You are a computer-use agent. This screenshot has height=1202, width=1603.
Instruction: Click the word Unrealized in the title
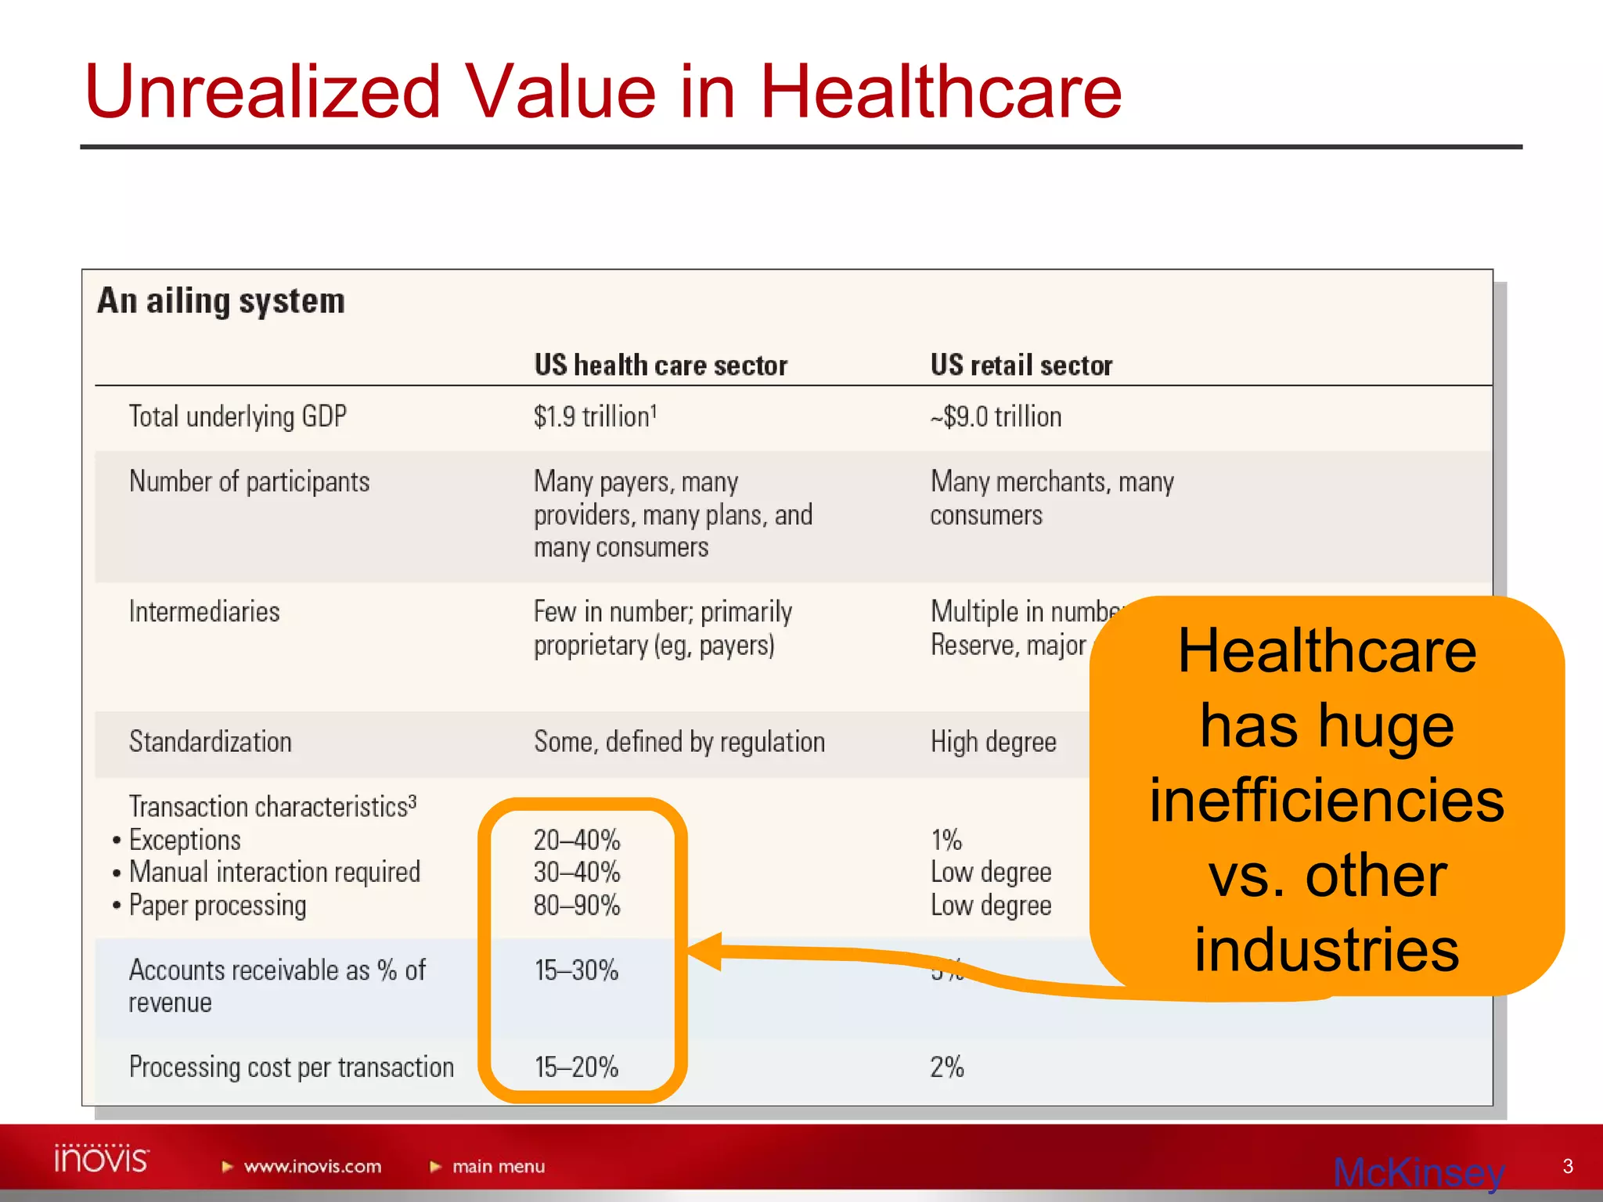[263, 92]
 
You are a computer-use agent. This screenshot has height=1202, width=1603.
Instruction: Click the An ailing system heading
[221, 301]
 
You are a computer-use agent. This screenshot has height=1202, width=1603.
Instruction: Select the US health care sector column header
[660, 365]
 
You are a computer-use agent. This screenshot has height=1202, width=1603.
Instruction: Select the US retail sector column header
[1021, 365]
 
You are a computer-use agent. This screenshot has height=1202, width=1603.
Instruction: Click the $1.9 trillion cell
[594, 416]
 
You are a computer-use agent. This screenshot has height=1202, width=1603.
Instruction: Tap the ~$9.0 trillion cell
[996, 416]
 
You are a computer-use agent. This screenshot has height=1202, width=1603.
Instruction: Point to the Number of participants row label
[249, 481]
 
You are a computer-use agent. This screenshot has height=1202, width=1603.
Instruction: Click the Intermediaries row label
[204, 611]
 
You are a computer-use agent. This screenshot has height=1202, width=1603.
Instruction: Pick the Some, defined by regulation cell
[679, 742]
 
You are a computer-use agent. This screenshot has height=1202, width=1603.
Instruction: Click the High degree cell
[993, 742]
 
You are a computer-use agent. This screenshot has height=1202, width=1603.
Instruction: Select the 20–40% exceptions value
[577, 840]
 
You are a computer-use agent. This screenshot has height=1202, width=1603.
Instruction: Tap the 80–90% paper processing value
[577, 905]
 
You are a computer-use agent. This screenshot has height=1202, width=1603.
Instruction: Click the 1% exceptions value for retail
[946, 840]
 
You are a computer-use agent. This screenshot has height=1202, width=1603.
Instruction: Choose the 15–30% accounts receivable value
[577, 970]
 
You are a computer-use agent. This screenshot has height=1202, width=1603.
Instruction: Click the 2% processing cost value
[946, 1067]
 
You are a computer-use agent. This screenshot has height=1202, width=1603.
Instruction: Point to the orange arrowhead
[704, 951]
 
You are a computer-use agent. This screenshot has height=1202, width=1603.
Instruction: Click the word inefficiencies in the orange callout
[1327, 801]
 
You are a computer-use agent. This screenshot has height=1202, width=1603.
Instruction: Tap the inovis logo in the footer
[101, 1159]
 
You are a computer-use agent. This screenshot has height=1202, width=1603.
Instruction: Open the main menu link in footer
[498, 1167]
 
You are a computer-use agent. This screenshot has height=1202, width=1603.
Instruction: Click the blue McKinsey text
[1418, 1172]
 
